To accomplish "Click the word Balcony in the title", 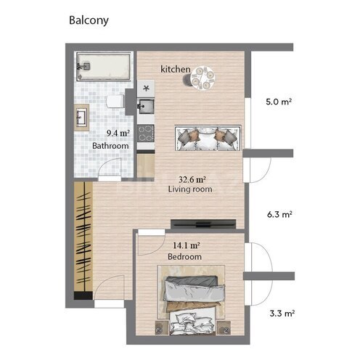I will (89, 20).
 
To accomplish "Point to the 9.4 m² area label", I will (118, 134).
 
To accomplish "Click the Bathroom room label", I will (110, 146).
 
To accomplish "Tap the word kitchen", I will (176, 69).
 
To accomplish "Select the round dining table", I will (204, 75).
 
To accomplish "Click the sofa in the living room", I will (208, 138).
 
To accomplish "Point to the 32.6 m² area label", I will (192, 179).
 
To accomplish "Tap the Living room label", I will (189, 189).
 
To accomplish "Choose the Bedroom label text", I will (184, 257).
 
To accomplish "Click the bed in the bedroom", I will (192, 305).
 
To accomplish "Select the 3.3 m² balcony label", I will (279, 314).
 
